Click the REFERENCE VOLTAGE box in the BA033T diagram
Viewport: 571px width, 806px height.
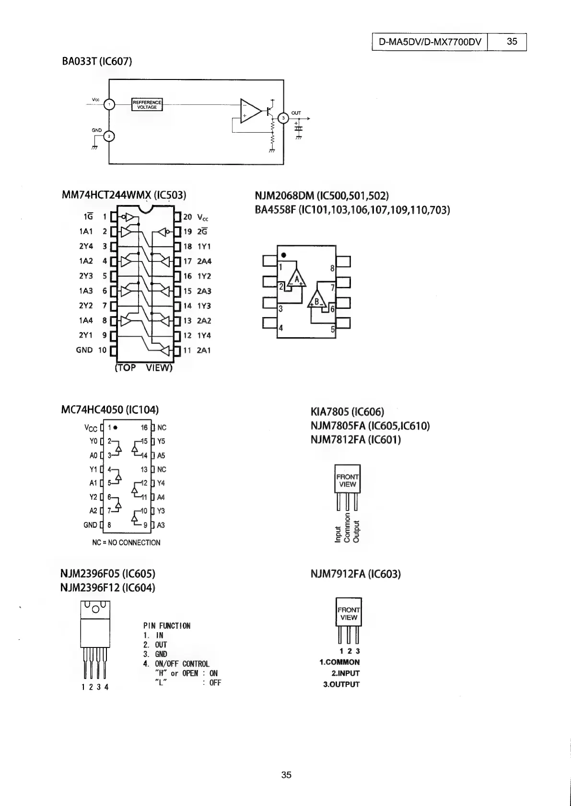coord(147,104)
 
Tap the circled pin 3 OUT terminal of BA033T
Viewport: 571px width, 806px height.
coord(283,118)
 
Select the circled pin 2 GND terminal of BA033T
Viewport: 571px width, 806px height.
coord(109,137)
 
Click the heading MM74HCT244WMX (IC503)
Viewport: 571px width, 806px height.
coord(124,195)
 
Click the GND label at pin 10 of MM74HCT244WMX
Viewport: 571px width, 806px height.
coord(84,350)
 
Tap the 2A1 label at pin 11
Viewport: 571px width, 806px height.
coord(204,351)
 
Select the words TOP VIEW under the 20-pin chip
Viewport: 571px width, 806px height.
coord(143,368)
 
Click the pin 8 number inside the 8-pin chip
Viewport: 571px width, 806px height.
coord(332,269)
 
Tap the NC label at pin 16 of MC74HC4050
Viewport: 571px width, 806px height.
coord(162,428)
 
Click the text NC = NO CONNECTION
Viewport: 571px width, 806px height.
coord(126,543)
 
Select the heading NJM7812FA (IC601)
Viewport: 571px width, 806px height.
coord(356,440)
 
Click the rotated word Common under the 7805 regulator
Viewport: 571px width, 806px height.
coord(347,527)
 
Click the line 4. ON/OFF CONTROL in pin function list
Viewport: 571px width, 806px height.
coord(176,664)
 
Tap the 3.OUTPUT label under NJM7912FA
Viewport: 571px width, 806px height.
coord(341,684)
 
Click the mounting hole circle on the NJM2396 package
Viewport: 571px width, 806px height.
coord(95,609)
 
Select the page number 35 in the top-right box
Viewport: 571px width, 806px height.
coord(512,42)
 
